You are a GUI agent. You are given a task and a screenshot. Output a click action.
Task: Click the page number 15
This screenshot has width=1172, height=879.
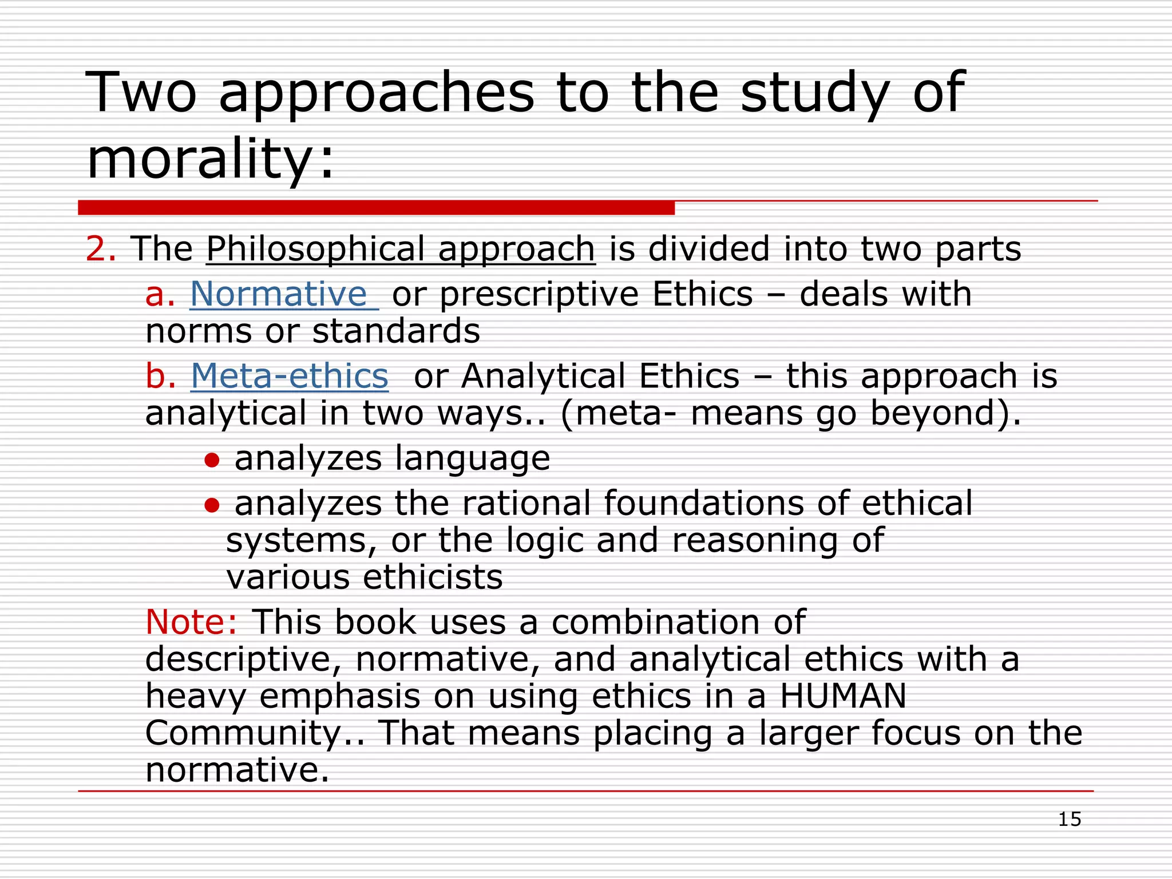coord(1069,819)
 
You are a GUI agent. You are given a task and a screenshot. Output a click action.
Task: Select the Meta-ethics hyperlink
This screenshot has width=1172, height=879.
coord(290,376)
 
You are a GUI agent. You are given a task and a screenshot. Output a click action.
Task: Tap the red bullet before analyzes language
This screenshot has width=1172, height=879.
coord(212,460)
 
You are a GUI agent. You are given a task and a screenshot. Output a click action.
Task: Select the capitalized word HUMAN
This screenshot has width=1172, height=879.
coord(843,696)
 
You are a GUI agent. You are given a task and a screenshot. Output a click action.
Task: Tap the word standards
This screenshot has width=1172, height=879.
coord(396,331)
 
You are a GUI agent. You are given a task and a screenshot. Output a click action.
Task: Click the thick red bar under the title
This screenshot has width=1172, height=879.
coord(376,208)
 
